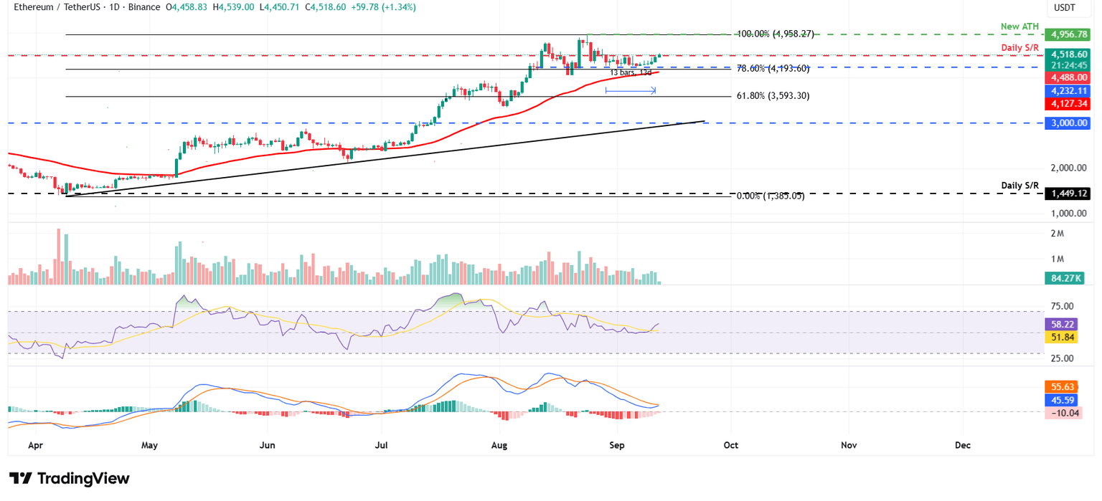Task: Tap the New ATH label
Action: pyautogui.click(x=1019, y=27)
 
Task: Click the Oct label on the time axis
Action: pyautogui.click(x=731, y=445)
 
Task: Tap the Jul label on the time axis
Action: pyautogui.click(x=382, y=445)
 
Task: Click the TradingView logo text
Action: pyautogui.click(x=70, y=479)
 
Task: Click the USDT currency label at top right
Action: pyautogui.click(x=1064, y=7)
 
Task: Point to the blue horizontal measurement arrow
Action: pyautogui.click(x=631, y=90)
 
